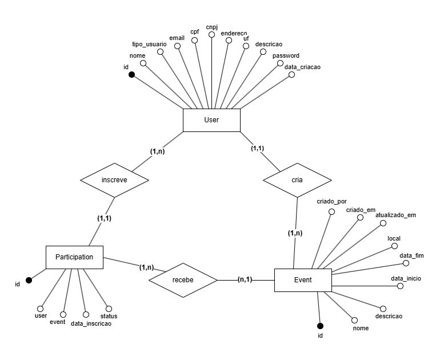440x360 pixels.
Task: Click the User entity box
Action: (211, 120)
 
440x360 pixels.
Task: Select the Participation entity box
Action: (74, 257)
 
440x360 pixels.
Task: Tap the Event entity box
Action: (303, 280)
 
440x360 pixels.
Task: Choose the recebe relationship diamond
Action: (183, 280)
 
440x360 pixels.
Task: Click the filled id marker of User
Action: (131, 75)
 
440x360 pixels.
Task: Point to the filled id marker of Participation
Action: (29, 280)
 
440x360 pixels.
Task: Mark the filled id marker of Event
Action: (320, 325)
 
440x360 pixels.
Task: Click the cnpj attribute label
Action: (211, 26)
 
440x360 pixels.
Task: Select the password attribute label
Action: (286, 55)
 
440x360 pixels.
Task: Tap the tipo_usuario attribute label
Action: (149, 44)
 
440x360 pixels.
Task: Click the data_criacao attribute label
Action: (302, 67)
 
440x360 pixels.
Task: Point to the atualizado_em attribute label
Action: (395, 215)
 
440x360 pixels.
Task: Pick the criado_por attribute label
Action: (331, 202)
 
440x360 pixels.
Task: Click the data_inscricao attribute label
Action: (91, 323)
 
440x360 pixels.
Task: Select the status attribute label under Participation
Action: (109, 315)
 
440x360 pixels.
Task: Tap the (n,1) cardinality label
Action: (246, 279)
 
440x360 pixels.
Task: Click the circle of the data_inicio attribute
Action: (400, 286)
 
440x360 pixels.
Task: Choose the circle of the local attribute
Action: (394, 246)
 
